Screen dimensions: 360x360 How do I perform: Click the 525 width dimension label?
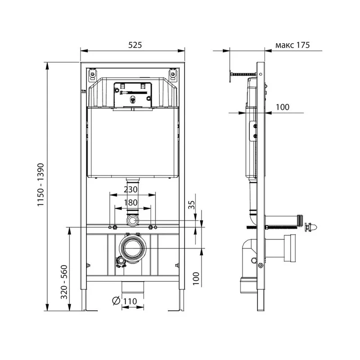tap(135, 45)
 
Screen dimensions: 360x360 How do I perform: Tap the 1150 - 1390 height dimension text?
tap(40, 185)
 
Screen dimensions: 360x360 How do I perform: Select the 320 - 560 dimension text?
tap(64, 282)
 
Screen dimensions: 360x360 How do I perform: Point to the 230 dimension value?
tap(130, 189)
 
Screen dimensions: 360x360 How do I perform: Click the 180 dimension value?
tap(130, 202)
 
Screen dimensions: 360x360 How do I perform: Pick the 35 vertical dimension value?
tap(192, 205)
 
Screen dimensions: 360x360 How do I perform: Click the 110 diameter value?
tap(130, 301)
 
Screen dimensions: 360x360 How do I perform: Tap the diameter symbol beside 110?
tap(116, 301)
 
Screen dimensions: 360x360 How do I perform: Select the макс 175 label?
tap(292, 45)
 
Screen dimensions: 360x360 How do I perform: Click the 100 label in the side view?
tap(283, 107)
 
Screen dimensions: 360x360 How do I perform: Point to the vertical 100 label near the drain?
tap(196, 279)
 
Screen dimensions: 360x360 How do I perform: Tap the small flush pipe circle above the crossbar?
tap(132, 220)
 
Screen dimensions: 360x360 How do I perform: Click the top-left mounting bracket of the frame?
tap(92, 74)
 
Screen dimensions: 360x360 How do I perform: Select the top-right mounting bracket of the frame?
tap(173, 74)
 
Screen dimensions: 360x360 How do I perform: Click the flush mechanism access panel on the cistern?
tap(133, 94)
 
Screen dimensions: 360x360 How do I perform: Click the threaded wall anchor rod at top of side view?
tap(243, 74)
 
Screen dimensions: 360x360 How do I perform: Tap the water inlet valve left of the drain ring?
tap(121, 262)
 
